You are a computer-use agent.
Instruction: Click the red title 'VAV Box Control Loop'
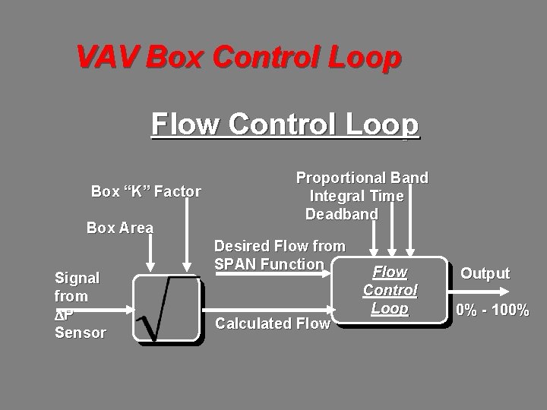238,58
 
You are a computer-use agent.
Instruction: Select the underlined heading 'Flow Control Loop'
285,124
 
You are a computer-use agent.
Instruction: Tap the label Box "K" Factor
146,191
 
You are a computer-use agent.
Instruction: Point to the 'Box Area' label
120,228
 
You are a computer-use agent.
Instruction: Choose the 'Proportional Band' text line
362,178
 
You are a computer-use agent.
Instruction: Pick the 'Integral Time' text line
356,196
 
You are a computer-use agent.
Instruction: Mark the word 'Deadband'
341,214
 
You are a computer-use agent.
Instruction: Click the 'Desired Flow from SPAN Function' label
279,255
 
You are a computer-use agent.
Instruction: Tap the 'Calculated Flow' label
273,323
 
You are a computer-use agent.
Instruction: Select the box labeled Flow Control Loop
390,291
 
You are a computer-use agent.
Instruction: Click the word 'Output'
485,273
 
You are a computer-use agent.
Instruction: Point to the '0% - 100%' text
492,309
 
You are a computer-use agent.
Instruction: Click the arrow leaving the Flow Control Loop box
471,292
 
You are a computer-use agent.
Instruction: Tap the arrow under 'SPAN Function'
273,276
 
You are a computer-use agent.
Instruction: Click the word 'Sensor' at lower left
81,333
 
